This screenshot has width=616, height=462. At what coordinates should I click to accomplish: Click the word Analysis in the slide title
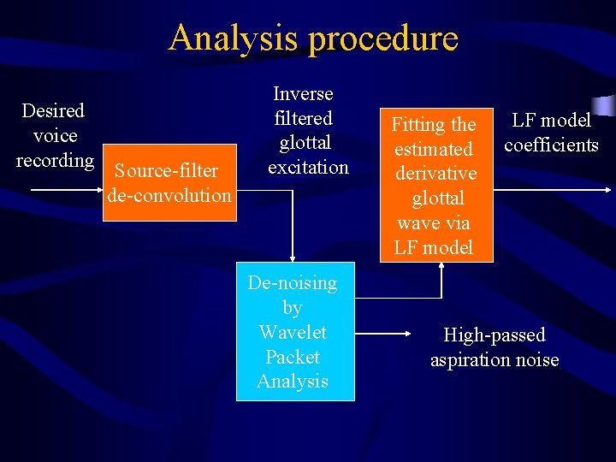point(234,38)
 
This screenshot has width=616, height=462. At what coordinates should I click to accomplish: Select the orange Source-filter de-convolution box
point(169,183)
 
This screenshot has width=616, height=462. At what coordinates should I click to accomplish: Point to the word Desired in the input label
point(53,110)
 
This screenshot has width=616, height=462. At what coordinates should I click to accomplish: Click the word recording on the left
point(55,160)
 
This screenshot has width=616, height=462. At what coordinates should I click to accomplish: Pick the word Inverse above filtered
point(303,93)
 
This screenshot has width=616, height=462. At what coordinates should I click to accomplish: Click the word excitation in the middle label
point(308,167)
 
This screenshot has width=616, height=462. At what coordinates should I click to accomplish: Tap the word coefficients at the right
point(551,145)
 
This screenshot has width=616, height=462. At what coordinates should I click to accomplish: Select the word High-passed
point(494,335)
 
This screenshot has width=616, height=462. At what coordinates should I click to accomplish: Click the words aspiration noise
point(494,359)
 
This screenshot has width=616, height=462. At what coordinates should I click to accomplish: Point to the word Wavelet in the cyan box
point(293,332)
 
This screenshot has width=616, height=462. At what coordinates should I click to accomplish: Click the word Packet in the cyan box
point(293,357)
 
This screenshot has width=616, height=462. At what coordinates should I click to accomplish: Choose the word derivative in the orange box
point(435,174)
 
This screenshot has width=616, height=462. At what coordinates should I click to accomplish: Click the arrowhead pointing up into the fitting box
point(442,266)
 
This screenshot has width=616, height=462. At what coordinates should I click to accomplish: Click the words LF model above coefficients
point(551,121)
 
